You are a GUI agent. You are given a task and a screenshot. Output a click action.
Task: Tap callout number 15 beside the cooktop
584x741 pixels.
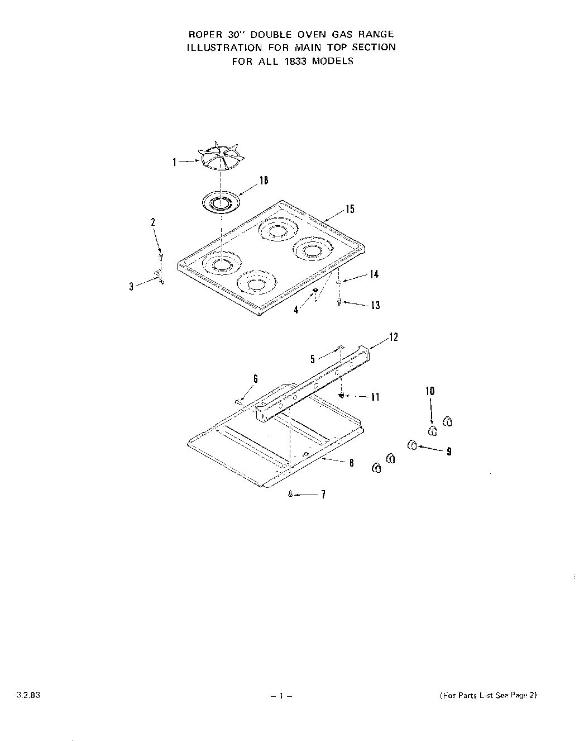pos(350,210)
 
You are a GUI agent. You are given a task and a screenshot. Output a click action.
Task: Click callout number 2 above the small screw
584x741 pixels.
pos(154,222)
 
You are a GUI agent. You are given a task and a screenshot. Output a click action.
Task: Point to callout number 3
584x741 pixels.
pos(131,287)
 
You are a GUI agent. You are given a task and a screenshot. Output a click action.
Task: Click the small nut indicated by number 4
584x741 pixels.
pos(315,290)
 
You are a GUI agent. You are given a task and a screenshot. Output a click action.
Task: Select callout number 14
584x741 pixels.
pos(374,274)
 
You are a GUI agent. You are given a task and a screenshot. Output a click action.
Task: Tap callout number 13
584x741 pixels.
pos(375,305)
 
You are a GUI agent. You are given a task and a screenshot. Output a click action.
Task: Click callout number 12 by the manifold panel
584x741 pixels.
pos(394,337)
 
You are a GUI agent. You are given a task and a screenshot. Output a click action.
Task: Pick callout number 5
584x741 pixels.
pos(313,359)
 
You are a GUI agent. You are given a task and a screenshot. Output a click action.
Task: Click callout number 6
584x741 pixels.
pos(255,378)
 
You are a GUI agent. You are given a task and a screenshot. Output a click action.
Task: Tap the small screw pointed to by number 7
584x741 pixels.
pos(290,494)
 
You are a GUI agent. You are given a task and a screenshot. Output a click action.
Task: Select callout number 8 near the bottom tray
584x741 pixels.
pos(351,463)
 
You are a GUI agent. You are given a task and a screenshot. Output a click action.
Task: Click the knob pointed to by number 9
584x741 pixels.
pos(413,445)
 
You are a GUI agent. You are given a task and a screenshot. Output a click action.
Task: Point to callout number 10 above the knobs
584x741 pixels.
pos(430,391)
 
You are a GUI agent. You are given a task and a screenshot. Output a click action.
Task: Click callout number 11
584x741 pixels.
pos(375,397)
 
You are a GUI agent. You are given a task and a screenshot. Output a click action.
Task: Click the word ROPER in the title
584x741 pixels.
pos(204,34)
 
